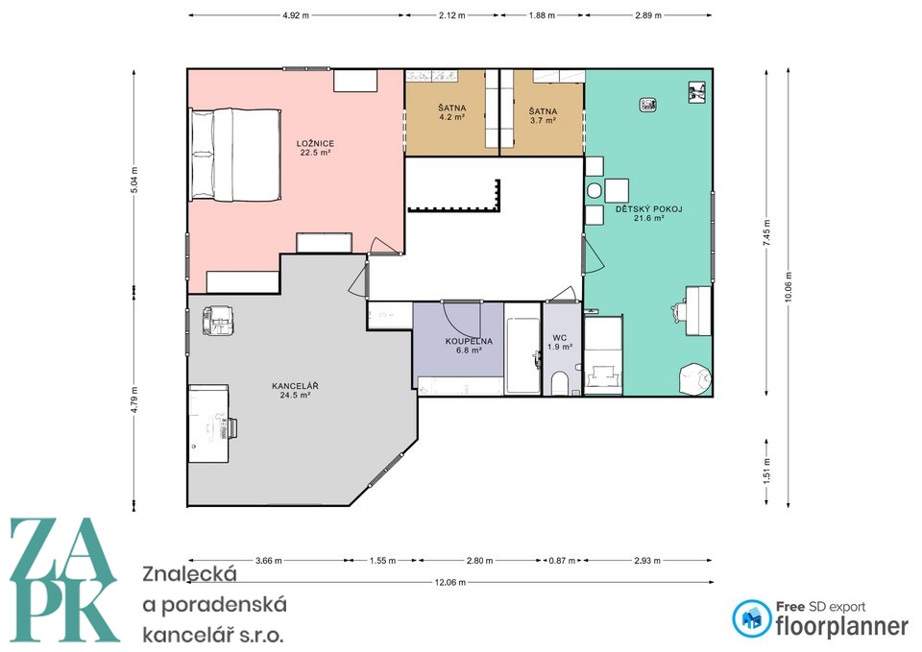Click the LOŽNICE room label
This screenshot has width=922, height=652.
pyautogui.click(x=315, y=143)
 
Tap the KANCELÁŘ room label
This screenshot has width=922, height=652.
pyautogui.click(x=295, y=386)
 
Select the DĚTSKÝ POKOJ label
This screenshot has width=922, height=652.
pyautogui.click(x=648, y=208)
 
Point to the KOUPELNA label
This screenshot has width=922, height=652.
pyautogui.click(x=469, y=341)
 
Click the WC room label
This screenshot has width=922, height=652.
pyautogui.click(x=560, y=337)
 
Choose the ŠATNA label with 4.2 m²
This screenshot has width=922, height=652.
pyautogui.click(x=452, y=109)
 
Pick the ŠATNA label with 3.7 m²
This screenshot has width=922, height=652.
pyautogui.click(x=543, y=111)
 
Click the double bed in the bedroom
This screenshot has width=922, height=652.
pyautogui.click(x=234, y=154)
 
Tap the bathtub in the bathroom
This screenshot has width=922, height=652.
pyautogui.click(x=522, y=355)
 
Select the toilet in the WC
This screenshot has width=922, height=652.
pyautogui.click(x=559, y=383)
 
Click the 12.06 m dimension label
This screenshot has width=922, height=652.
pyautogui.click(x=449, y=583)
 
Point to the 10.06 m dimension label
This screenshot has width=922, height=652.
pyautogui.click(x=788, y=287)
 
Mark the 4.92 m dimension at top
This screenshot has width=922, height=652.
pyautogui.click(x=295, y=16)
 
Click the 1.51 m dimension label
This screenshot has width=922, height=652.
pyautogui.click(x=766, y=471)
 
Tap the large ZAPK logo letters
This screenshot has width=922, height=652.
pyautogui.click(x=64, y=580)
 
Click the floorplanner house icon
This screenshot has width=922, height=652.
pyautogui.click(x=751, y=618)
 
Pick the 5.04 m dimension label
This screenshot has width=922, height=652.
pyautogui.click(x=134, y=180)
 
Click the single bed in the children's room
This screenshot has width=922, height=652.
pyautogui.click(x=603, y=355)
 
